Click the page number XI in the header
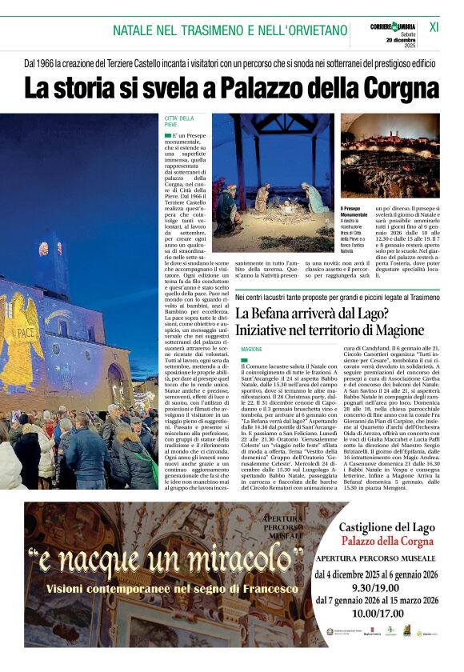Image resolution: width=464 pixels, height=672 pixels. point(434,26)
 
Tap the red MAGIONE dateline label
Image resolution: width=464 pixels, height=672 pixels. point(251,350)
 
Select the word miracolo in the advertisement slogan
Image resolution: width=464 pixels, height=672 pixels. point(226,567)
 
